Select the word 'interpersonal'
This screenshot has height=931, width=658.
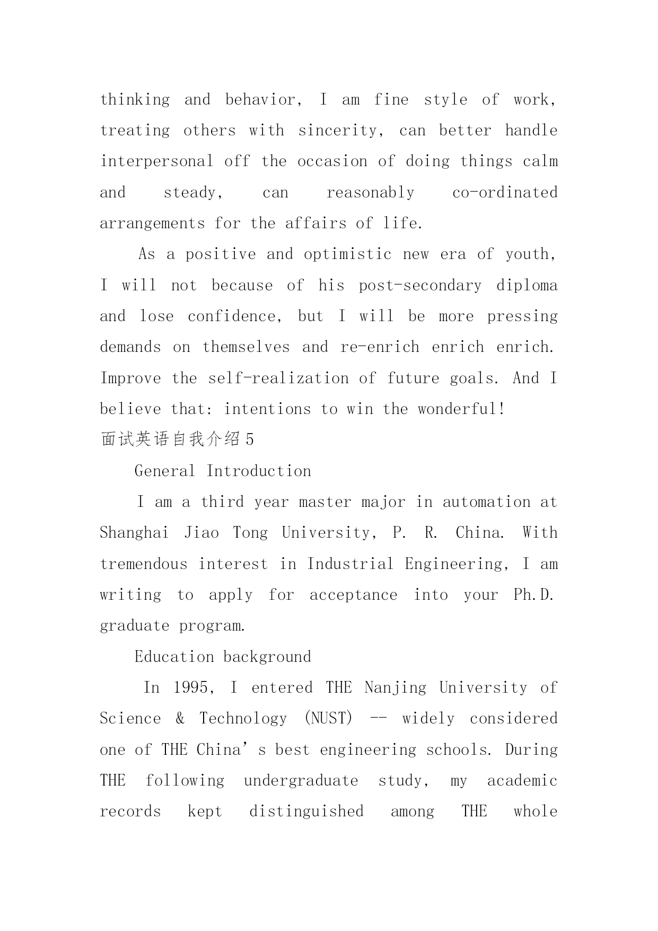156,161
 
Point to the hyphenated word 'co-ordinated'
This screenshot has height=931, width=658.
505,192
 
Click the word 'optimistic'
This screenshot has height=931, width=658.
347,254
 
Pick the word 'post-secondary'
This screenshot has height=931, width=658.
420,286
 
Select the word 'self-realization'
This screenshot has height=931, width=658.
278,378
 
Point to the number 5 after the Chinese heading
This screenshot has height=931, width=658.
250,439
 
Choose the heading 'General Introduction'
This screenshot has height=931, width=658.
223,471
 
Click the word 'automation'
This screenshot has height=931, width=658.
486,502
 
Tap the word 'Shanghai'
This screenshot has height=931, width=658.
134,533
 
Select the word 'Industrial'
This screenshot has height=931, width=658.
350,564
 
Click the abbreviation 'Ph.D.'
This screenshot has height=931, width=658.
534,595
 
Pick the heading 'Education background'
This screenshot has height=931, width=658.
223,657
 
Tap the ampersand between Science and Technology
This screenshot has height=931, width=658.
180,719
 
